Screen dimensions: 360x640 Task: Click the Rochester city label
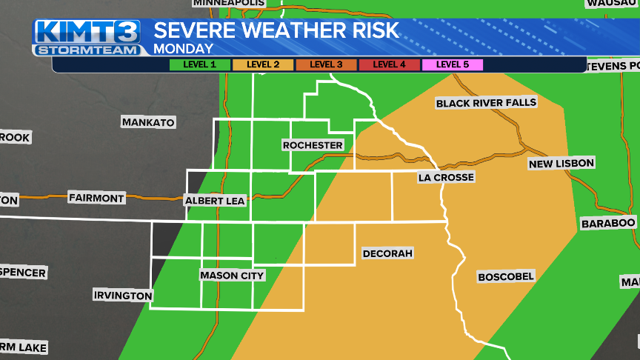[313, 145]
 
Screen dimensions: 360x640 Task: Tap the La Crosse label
[445, 177]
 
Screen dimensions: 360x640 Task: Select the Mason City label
[232, 276]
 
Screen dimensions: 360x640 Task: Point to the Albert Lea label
[215, 200]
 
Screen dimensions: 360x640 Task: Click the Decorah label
[387, 253]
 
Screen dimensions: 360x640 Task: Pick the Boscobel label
[506, 276]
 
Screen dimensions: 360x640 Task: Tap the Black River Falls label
[486, 102]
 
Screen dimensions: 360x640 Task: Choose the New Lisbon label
[561, 163]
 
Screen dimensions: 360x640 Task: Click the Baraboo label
[608, 223]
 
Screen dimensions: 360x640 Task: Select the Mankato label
[148, 122]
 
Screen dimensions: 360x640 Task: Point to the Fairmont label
[96, 198]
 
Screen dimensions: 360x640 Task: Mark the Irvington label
[123, 296]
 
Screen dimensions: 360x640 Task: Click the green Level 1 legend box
[200, 64]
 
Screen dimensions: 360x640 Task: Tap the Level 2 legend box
[263, 64]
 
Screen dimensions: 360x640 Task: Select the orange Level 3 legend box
[326, 64]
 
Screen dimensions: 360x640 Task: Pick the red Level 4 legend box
[389, 64]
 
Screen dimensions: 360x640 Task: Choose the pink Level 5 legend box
[452, 64]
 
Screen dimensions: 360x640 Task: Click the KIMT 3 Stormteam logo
[87, 37]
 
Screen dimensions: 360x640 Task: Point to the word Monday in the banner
[183, 49]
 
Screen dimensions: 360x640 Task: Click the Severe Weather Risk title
[276, 30]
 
